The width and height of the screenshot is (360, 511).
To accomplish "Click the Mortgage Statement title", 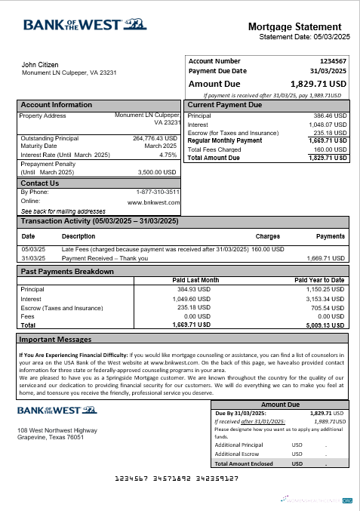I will click(300, 26).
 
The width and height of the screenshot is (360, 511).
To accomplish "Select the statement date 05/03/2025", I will click(333, 36).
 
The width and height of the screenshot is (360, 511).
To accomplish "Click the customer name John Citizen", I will click(40, 65).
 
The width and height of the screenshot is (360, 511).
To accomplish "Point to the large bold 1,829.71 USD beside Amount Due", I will click(318, 84).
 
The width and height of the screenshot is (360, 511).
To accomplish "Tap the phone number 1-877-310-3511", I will click(158, 192).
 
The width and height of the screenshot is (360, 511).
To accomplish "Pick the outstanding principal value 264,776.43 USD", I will click(155, 138).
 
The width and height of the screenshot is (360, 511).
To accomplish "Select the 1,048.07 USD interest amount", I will click(329, 125).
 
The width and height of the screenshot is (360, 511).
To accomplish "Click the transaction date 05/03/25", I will click(33, 248).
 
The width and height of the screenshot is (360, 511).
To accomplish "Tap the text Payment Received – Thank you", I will click(105, 257).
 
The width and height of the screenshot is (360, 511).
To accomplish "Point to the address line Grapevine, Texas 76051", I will click(51, 437).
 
